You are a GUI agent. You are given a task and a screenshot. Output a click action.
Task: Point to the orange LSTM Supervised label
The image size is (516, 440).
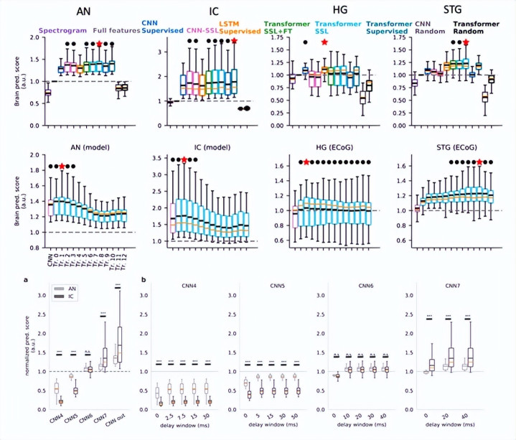tap(238, 27)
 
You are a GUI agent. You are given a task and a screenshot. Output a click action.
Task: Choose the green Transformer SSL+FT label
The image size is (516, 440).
tap(286, 27)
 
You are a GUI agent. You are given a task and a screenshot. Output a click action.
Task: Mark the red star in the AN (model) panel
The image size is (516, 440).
tap(62, 167)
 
